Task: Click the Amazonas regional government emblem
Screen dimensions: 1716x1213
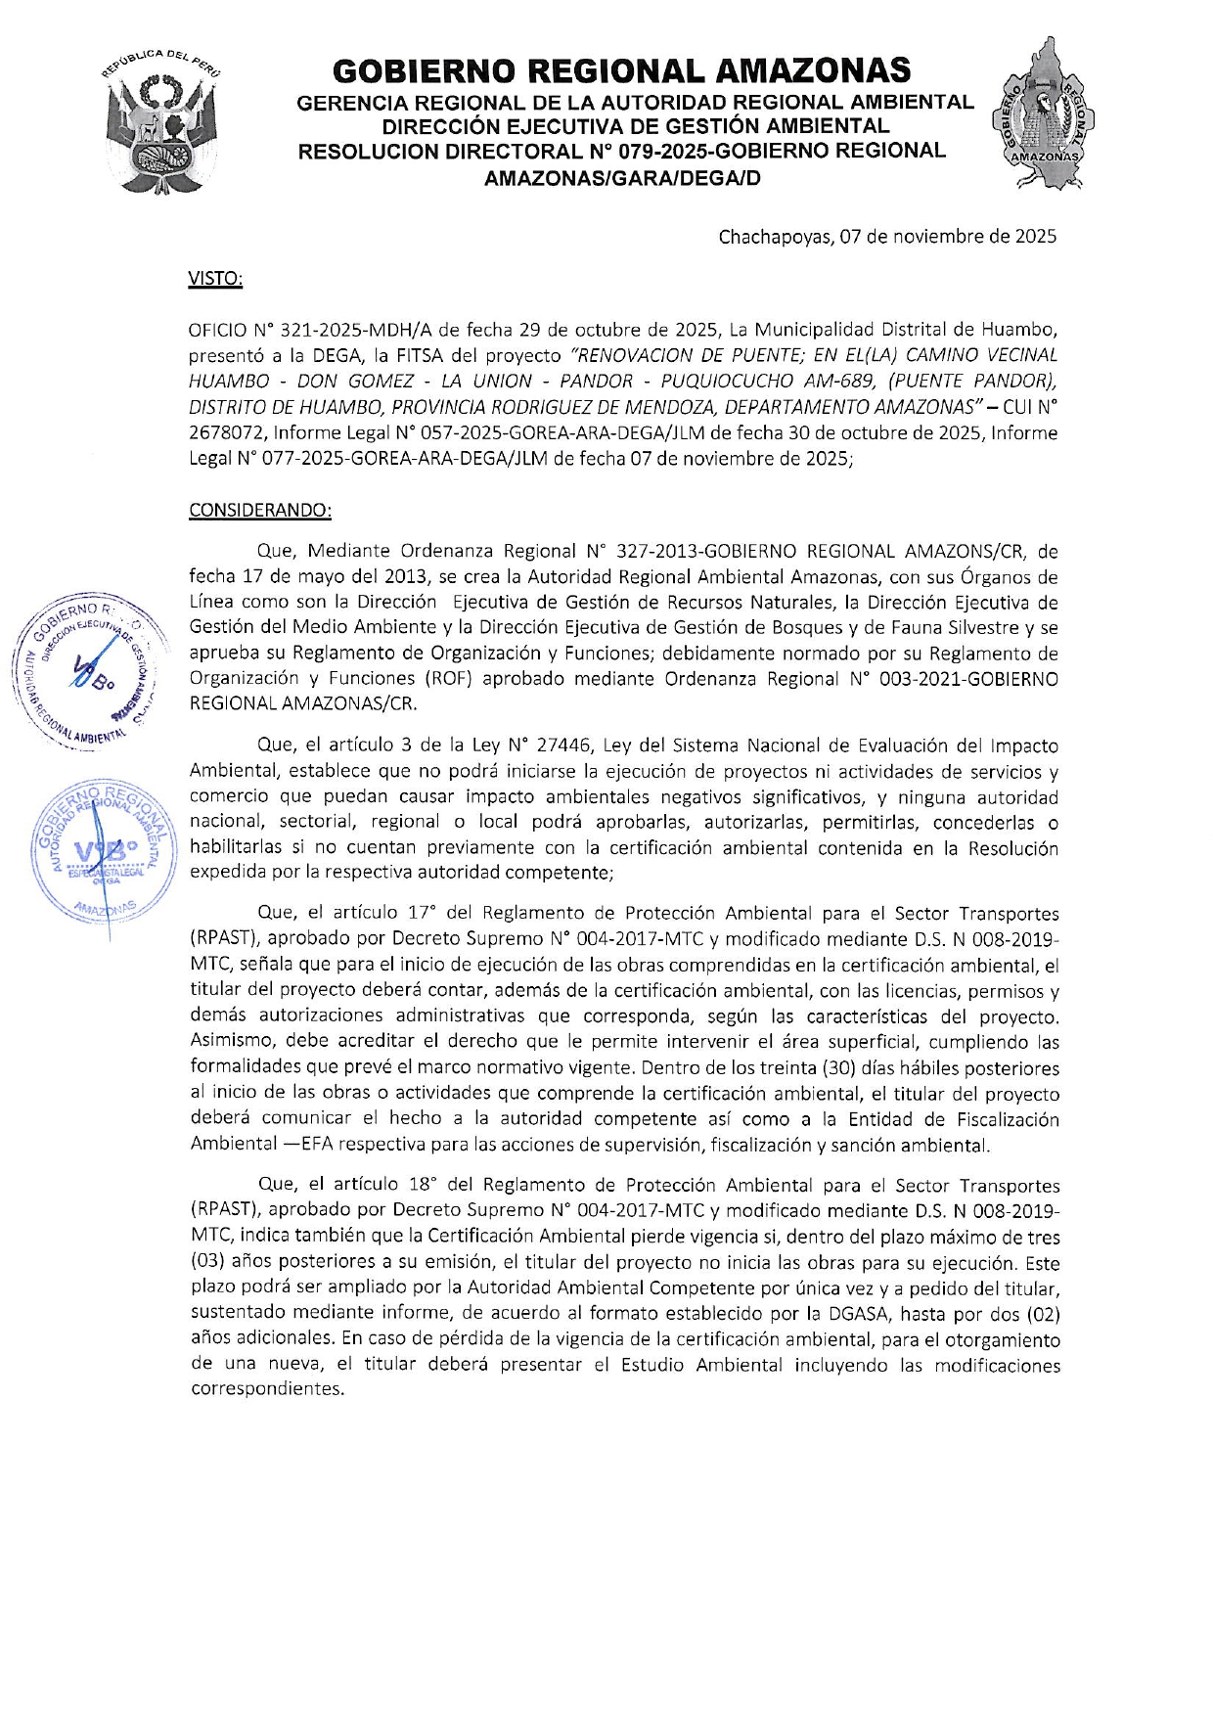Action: coord(1044,113)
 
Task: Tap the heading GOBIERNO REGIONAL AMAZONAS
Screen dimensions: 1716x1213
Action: coord(621,70)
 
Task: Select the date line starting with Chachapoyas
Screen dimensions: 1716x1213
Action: coord(886,236)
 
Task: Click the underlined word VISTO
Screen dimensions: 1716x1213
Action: coord(214,279)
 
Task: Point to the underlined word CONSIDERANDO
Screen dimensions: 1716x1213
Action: coord(259,511)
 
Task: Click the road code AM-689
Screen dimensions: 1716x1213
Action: coord(838,381)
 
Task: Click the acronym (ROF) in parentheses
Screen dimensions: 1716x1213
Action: coord(451,678)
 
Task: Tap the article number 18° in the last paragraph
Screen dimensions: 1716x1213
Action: coord(424,1185)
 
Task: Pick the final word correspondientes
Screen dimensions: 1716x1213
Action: coord(267,1389)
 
